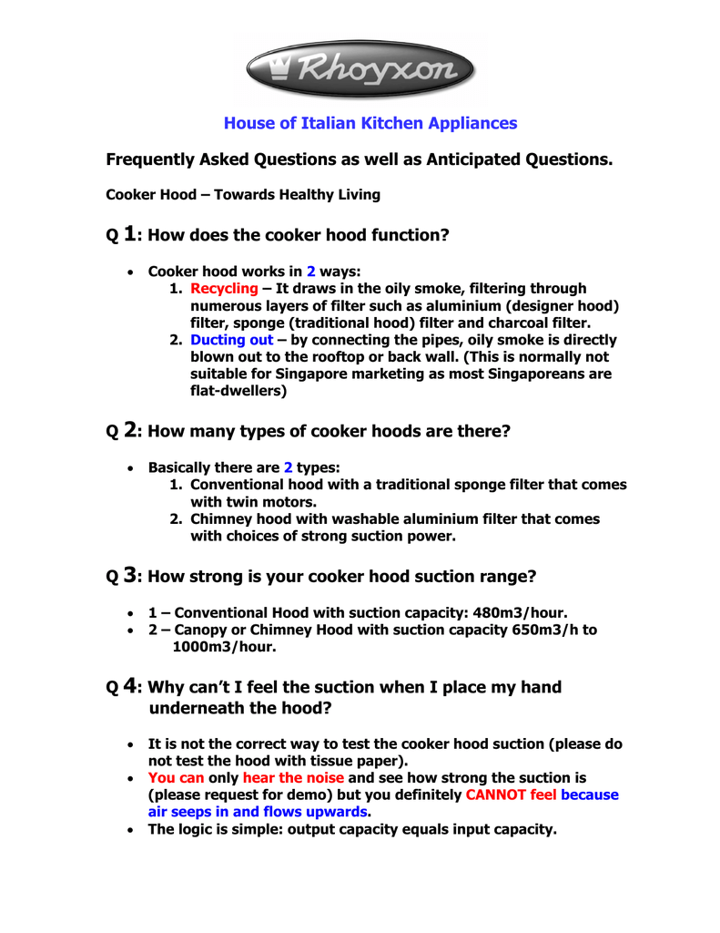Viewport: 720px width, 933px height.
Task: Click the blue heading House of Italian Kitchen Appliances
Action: (370, 123)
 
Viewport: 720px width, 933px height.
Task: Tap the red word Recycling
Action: (224, 289)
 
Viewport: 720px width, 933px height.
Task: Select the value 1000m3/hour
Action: (224, 647)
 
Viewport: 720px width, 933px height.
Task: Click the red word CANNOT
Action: (497, 795)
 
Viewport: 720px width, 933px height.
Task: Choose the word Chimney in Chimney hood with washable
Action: (219, 518)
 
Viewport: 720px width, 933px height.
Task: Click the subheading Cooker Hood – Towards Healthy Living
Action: (243, 194)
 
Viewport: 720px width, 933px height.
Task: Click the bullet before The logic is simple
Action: (133, 830)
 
